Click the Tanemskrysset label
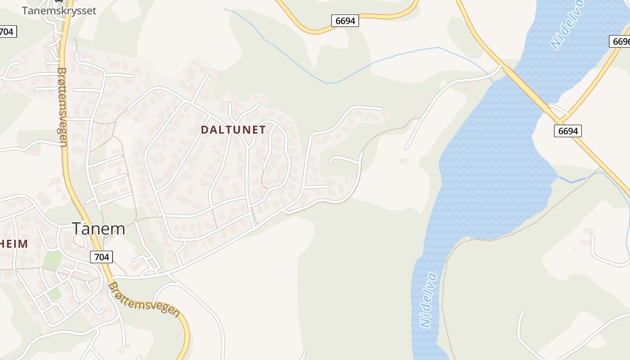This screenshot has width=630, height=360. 59,11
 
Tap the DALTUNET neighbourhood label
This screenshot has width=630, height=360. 233,130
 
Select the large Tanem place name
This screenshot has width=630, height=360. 98,229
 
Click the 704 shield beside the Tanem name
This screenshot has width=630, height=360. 101,257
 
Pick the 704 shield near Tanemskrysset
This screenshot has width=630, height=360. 7,31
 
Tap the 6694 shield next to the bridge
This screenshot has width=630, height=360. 567,130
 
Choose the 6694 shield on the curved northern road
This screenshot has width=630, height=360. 345,21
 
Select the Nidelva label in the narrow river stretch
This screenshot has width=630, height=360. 428,300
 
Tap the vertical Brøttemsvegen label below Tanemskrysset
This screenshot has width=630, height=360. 62,107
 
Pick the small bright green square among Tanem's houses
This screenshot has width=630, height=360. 54,295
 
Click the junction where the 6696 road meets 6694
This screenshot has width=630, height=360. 561,121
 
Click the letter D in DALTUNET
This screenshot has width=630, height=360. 205,130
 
